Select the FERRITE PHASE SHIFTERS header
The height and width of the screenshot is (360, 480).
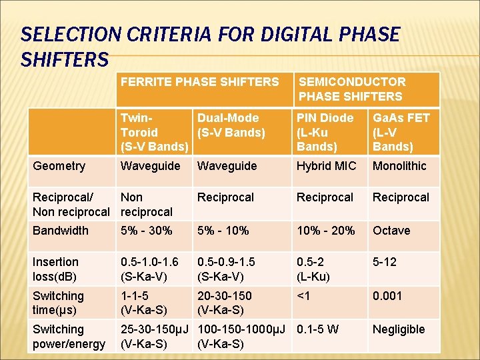tap(199, 82)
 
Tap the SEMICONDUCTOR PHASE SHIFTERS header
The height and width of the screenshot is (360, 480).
tap(351, 89)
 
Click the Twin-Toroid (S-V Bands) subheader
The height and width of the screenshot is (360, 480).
tap(151, 132)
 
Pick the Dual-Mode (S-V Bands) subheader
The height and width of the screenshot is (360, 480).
tap(231, 125)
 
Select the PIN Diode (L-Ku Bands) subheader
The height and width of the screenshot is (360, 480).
tap(326, 132)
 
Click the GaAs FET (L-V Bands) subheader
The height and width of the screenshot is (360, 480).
tap(401, 132)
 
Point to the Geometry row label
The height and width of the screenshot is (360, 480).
tap(59, 166)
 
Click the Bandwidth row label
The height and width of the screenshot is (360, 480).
tap(61, 231)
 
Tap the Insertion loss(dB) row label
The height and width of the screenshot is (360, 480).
tap(56, 269)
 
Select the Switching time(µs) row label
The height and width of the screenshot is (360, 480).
tap(59, 303)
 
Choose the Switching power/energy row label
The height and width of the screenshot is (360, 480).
tap(69, 337)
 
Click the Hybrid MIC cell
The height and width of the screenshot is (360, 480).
tap(327, 166)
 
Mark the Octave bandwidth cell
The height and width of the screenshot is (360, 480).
tap(391, 231)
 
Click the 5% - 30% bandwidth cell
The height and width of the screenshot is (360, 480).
tap(146, 231)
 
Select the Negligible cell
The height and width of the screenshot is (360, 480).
tap(399, 329)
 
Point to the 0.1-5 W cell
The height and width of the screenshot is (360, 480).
tap(318, 329)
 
